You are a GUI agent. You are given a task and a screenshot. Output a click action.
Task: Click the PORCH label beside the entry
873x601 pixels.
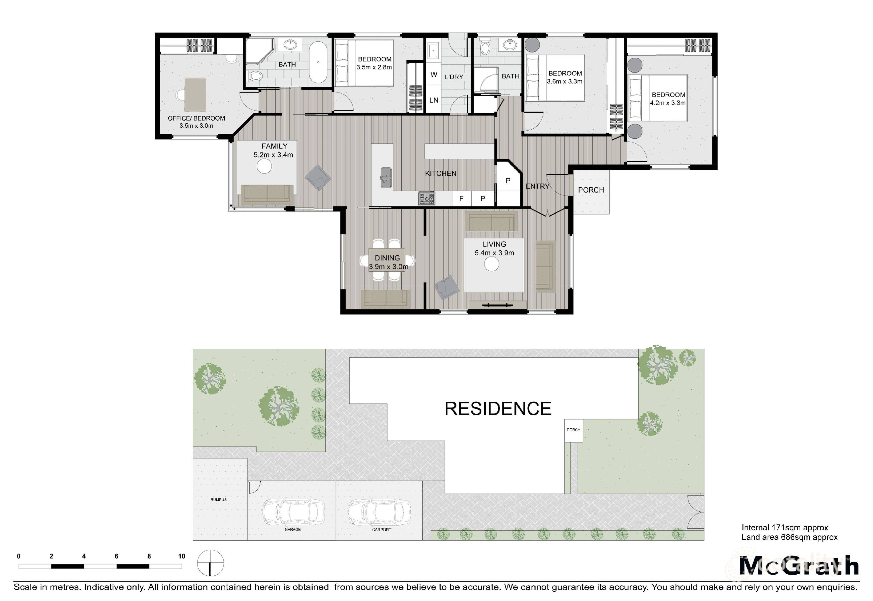(x=591, y=190)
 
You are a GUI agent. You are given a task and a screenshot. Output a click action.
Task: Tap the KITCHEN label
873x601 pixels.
(x=441, y=174)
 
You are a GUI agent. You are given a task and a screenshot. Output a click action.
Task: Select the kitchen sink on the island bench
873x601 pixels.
(x=386, y=177)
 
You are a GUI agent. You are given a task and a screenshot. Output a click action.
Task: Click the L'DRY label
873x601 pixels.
(x=454, y=77)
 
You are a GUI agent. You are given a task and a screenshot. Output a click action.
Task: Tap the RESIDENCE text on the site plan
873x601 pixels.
(x=498, y=409)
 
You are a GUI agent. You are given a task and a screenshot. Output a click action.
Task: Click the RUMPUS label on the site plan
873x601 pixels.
(x=219, y=500)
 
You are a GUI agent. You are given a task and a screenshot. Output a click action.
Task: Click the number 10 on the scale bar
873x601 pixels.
(x=182, y=556)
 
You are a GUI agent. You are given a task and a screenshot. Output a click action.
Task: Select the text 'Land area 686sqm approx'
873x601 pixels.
(x=790, y=537)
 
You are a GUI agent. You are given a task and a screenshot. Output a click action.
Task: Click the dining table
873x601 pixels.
(x=387, y=260)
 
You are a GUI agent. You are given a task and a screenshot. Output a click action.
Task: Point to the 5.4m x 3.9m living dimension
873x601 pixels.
(x=494, y=253)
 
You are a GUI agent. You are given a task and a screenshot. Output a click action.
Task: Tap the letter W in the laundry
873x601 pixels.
(x=434, y=75)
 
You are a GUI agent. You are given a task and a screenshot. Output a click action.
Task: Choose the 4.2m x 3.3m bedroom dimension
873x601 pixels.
(x=668, y=103)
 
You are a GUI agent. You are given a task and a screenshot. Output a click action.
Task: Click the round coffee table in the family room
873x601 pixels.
(x=264, y=166)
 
